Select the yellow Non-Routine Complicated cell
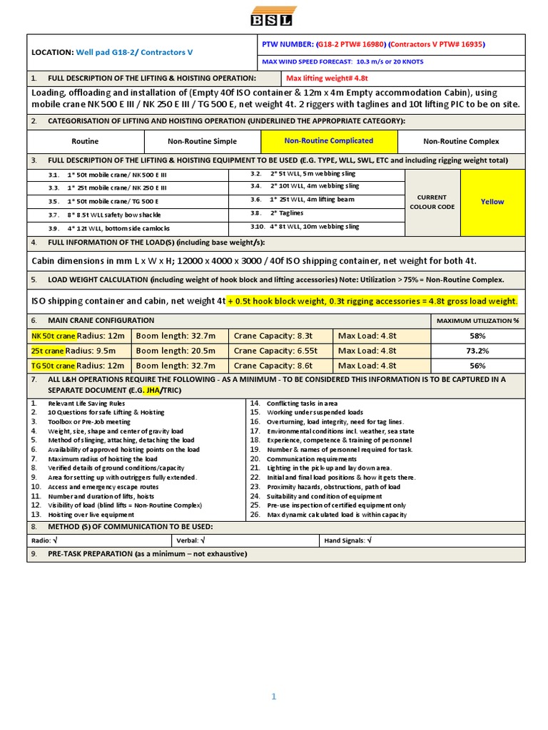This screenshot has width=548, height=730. (x=328, y=141)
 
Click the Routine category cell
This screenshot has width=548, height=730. (x=86, y=141)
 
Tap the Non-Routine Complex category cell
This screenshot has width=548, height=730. (x=461, y=141)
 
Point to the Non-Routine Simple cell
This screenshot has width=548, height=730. (x=203, y=141)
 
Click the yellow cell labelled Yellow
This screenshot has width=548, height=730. (x=492, y=202)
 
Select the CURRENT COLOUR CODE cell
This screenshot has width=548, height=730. (x=432, y=202)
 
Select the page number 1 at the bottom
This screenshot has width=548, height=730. (x=273, y=697)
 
